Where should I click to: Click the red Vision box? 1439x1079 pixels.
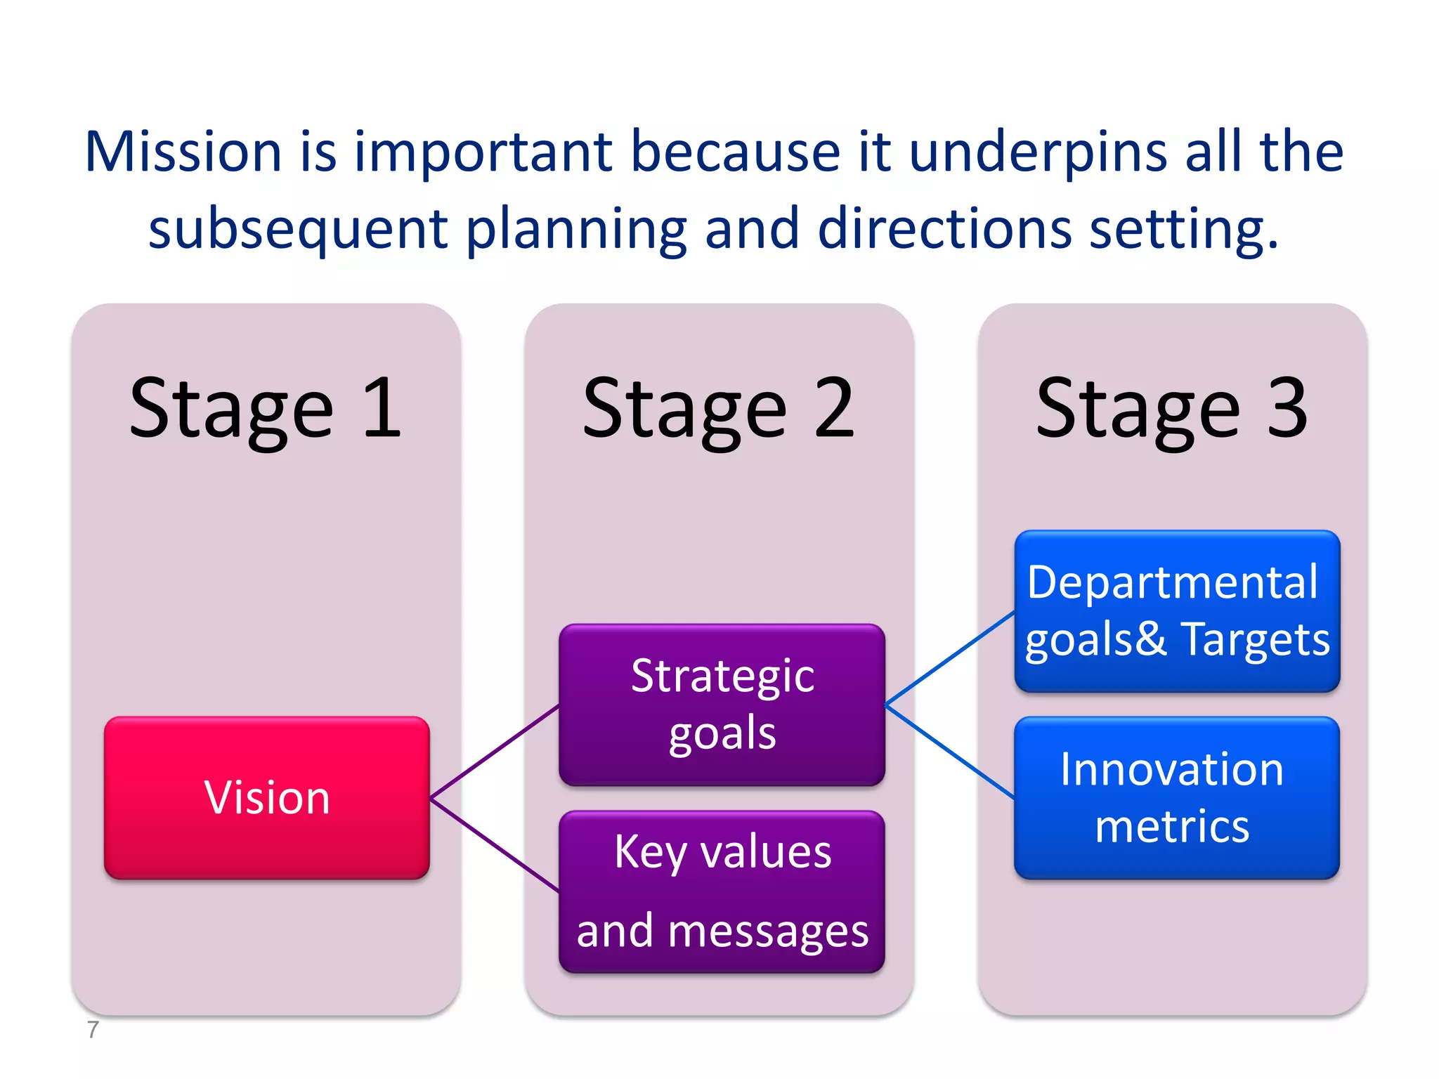tap(266, 797)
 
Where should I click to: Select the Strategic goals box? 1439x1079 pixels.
tap(722, 704)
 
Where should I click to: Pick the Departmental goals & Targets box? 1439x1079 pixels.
tap(1177, 610)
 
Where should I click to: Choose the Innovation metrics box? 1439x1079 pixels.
tap(1177, 797)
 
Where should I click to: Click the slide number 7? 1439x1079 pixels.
tap(93, 1030)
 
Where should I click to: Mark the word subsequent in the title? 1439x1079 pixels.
tap(298, 230)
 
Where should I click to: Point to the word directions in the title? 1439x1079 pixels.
tap(944, 229)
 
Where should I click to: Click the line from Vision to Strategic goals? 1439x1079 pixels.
tap(495, 752)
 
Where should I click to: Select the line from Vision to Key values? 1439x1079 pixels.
tap(495, 846)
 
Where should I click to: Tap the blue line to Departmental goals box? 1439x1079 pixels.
tap(950, 658)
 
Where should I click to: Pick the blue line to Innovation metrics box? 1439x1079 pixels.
tap(950, 752)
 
